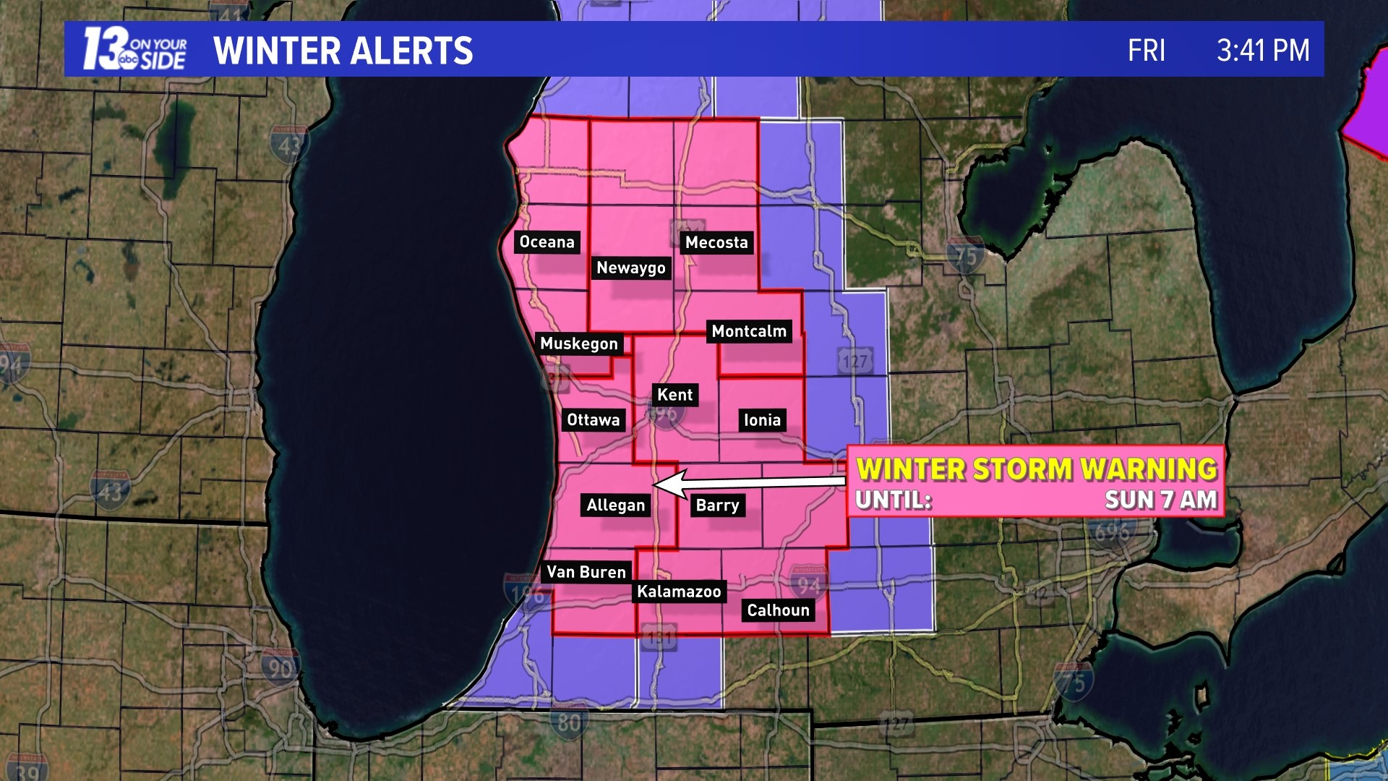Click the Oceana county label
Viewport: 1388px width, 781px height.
coord(547,242)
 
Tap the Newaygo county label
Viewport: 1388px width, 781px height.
coord(630,268)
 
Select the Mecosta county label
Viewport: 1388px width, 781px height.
coord(716,243)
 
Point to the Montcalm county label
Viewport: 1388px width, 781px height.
coord(749,332)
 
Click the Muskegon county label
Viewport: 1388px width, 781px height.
coord(579,344)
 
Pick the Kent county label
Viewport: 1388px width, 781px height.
coord(674,396)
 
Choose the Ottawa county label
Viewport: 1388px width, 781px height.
coord(593,421)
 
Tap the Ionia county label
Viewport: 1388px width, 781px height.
coord(762,421)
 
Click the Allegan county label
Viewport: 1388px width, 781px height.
coord(615,505)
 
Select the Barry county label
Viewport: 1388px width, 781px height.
coord(717,505)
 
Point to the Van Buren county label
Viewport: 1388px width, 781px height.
coord(586,573)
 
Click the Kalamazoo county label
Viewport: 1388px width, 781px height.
coord(679,592)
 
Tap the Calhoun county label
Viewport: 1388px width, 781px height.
coord(778,611)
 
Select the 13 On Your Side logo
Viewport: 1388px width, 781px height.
coord(134,49)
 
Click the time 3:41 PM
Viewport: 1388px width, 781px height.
coord(1262,51)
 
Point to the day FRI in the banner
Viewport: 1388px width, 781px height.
coord(1147,51)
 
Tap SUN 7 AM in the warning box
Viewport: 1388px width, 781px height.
coord(1160,500)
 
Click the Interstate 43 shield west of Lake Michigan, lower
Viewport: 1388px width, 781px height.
coord(109,492)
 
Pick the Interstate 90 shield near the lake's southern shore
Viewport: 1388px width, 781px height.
coord(280,667)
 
